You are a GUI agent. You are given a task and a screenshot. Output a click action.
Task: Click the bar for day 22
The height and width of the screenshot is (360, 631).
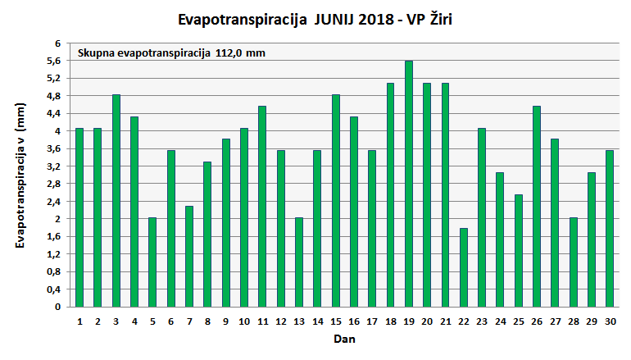(x=463, y=267)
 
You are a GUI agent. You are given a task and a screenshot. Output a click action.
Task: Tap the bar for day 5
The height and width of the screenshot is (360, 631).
(x=152, y=262)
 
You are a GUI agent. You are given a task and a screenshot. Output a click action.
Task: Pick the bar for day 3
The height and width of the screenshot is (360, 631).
(x=116, y=201)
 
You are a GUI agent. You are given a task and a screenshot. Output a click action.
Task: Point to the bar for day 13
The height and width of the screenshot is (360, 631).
(x=298, y=262)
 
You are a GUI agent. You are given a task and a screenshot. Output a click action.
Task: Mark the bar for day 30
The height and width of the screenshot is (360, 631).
(x=609, y=229)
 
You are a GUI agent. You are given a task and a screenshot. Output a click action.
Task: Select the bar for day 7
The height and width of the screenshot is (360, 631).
(x=188, y=257)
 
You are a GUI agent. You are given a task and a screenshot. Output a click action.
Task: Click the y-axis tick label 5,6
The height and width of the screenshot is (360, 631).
(x=53, y=61)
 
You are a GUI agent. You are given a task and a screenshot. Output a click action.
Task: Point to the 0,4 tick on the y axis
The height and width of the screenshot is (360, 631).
(x=53, y=289)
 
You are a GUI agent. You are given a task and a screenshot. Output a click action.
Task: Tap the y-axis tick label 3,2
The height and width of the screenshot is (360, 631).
(x=53, y=166)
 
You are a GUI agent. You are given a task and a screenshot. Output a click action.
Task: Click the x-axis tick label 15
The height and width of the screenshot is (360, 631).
(x=335, y=321)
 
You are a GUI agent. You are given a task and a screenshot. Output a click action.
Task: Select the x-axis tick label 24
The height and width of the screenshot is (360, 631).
(x=500, y=321)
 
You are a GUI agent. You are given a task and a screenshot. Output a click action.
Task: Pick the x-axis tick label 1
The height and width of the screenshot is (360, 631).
(x=79, y=321)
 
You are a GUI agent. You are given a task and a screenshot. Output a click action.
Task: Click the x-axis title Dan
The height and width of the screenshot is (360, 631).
(x=343, y=338)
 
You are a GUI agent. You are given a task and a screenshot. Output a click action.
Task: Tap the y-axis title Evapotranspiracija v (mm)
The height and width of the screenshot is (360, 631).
(x=22, y=175)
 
